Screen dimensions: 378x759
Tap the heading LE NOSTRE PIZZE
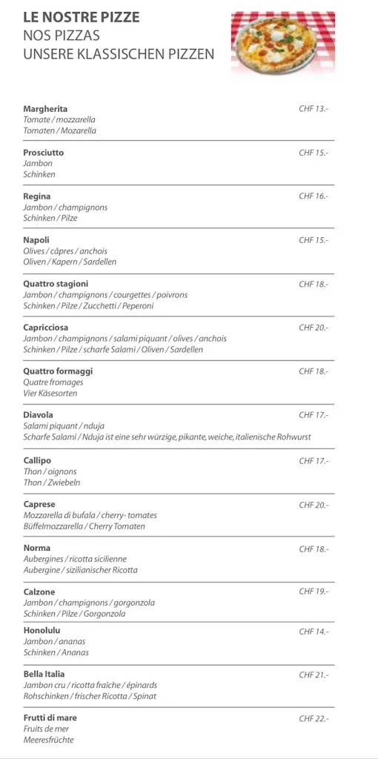click(81, 17)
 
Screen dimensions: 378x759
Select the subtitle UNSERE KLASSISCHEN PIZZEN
click(119, 53)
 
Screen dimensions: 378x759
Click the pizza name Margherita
click(45, 109)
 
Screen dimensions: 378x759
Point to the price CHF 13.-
click(314, 109)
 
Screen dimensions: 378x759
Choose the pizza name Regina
click(37, 196)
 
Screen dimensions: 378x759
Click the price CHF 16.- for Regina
click(314, 196)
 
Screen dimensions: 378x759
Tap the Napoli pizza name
click(36, 240)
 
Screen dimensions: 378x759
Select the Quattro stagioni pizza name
click(56, 284)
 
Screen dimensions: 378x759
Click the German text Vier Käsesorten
click(50, 393)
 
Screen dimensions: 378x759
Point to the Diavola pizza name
click(39, 415)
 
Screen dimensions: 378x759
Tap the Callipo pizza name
click(38, 461)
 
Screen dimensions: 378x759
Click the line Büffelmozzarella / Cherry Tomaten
click(84, 526)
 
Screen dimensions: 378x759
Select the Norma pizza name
click(37, 549)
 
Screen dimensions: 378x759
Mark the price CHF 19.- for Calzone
click(314, 592)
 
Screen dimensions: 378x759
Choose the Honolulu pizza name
click(43, 631)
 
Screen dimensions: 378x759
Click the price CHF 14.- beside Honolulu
click(314, 632)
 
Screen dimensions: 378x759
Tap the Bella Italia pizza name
click(44, 675)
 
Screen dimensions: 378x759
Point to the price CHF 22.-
click(314, 718)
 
